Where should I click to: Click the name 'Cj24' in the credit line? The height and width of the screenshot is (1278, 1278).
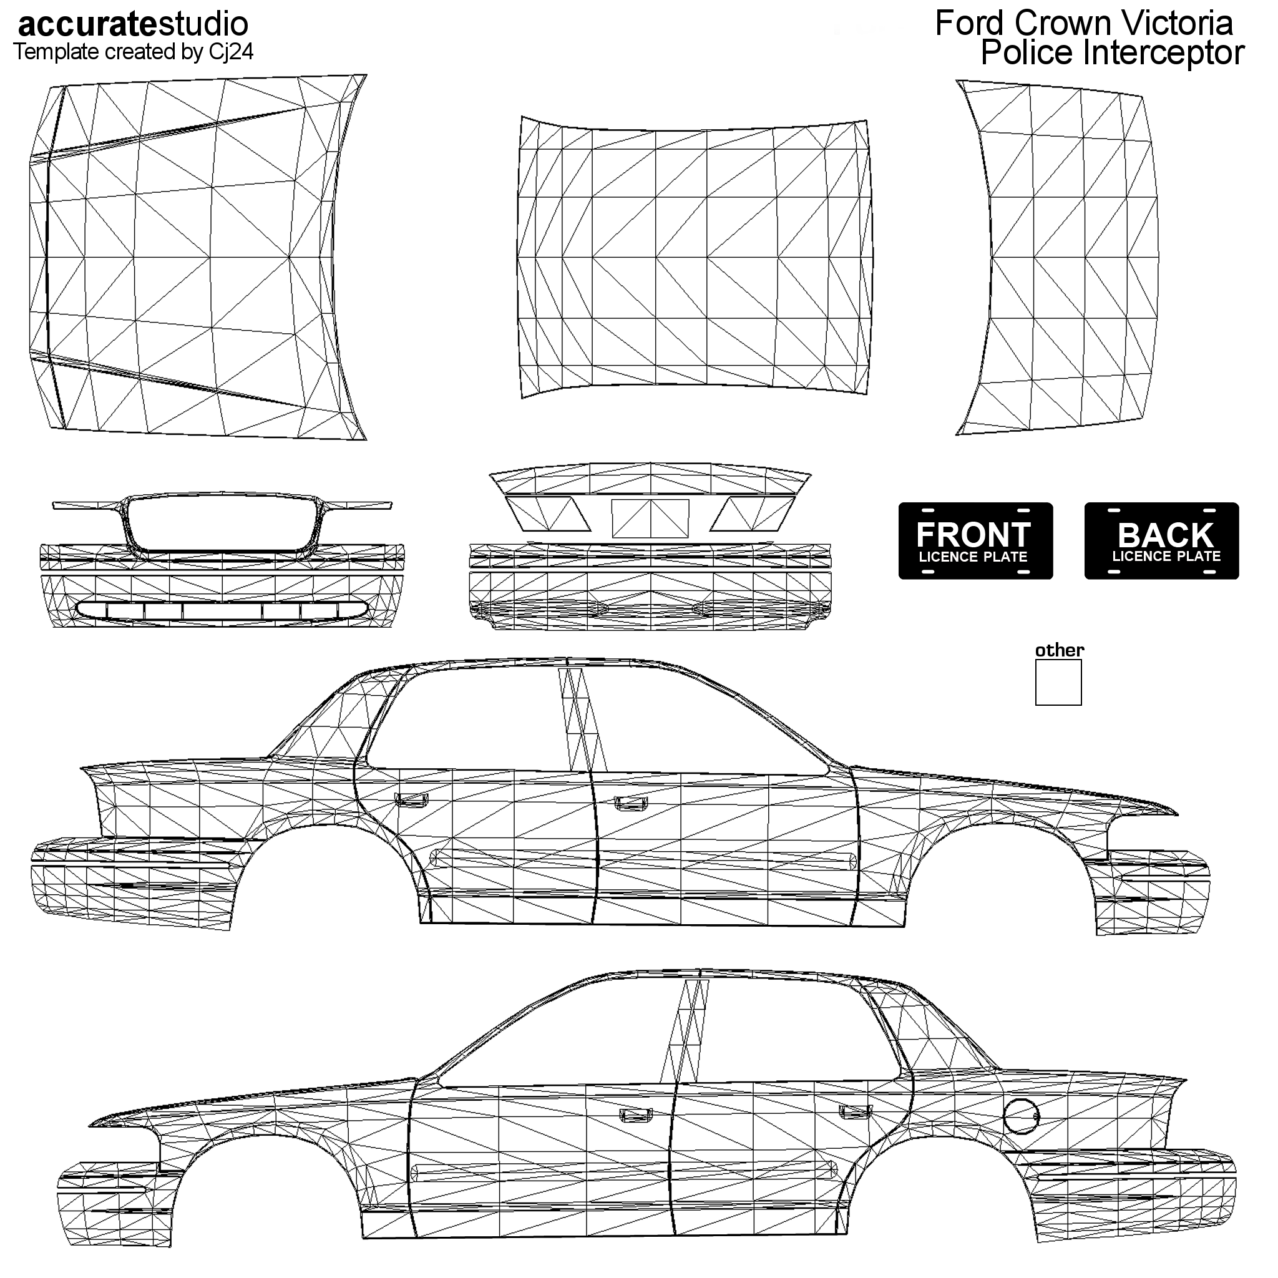[x=232, y=53]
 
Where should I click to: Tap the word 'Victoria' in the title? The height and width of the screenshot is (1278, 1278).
[x=1185, y=24]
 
